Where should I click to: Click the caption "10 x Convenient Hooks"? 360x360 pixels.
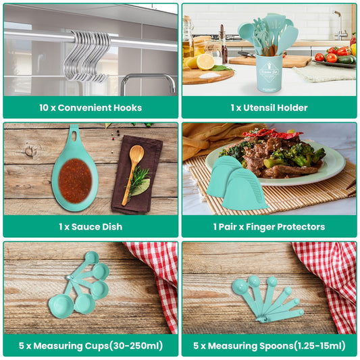[91, 107]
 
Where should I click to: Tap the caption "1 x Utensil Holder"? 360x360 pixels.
[269, 107]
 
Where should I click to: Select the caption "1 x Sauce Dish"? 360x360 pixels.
[91, 226]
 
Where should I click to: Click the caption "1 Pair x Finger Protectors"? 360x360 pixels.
[269, 226]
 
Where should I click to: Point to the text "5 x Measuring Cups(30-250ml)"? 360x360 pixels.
[91, 345]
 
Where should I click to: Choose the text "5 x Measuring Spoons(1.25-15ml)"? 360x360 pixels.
[269, 345]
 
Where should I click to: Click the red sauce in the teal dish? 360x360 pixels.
[74, 180]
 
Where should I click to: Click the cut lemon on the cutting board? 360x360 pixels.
[205, 62]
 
